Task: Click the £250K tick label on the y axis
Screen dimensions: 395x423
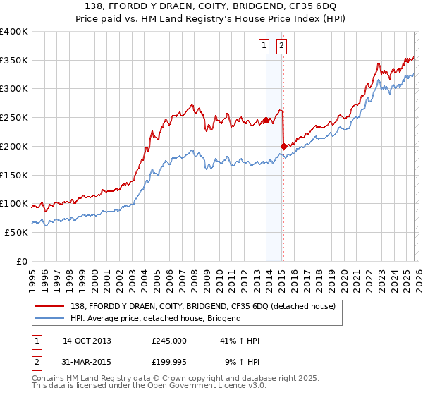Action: [x=14, y=117]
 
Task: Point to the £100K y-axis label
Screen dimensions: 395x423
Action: [x=14, y=204]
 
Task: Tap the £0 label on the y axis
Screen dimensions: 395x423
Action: [x=23, y=261]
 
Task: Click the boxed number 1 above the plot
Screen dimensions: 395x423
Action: [x=264, y=47]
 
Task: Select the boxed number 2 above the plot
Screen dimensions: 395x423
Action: [x=281, y=47]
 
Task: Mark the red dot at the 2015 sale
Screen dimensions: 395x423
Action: [x=283, y=146]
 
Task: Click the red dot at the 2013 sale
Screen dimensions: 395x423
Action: [x=266, y=120]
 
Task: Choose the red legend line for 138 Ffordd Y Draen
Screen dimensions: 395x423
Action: [x=50, y=307]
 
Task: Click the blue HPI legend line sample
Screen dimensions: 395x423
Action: [x=50, y=318]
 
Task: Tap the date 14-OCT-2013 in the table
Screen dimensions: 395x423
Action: [x=87, y=341]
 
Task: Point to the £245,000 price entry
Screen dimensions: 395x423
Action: [x=169, y=341]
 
